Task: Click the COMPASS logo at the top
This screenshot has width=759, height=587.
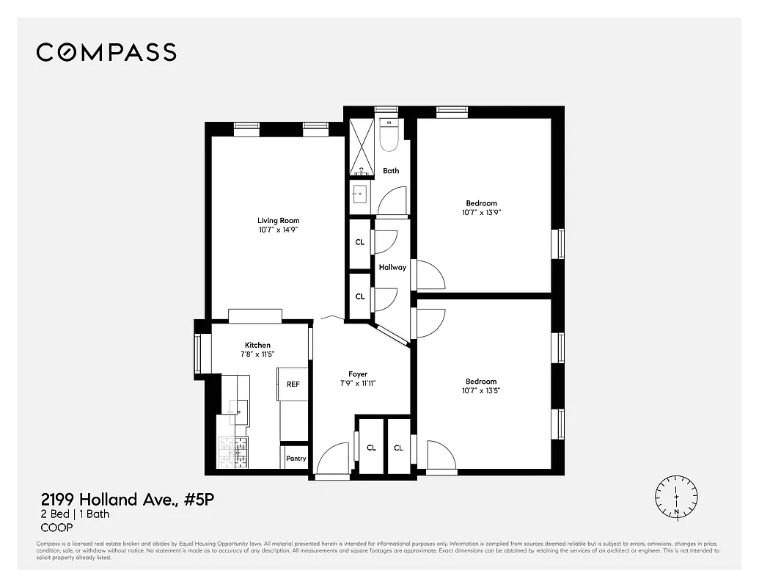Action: click(x=106, y=52)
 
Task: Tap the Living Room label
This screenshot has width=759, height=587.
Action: click(x=278, y=220)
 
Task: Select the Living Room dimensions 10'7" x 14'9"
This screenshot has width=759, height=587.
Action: click(x=278, y=230)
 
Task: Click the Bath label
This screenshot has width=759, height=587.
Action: click(x=391, y=171)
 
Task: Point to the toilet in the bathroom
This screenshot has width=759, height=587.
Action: click(x=388, y=135)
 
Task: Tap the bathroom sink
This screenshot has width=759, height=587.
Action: click(x=360, y=194)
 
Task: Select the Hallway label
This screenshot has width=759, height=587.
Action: click(x=392, y=267)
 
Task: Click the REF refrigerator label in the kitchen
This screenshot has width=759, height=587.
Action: click(x=293, y=384)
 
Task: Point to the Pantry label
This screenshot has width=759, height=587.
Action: click(x=296, y=459)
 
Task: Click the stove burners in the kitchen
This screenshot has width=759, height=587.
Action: click(x=233, y=452)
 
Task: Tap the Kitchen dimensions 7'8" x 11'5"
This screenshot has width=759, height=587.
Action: click(x=257, y=354)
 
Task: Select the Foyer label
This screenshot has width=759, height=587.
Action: click(x=358, y=374)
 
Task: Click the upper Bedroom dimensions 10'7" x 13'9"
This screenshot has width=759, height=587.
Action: click(x=481, y=213)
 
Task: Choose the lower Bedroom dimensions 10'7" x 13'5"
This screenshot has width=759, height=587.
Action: click(x=481, y=391)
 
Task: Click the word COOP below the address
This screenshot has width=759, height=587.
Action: click(x=56, y=528)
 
